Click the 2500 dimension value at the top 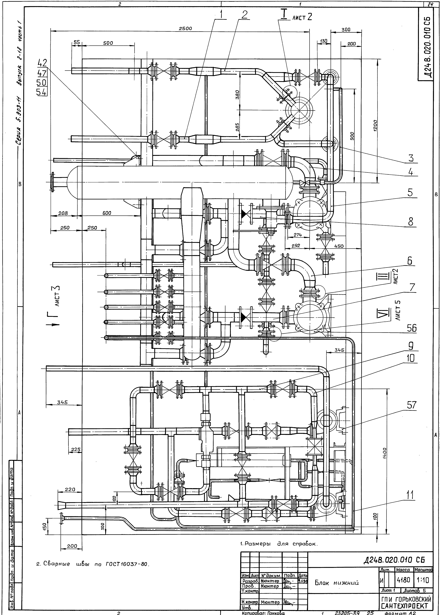pyautogui.click(x=186, y=28)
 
